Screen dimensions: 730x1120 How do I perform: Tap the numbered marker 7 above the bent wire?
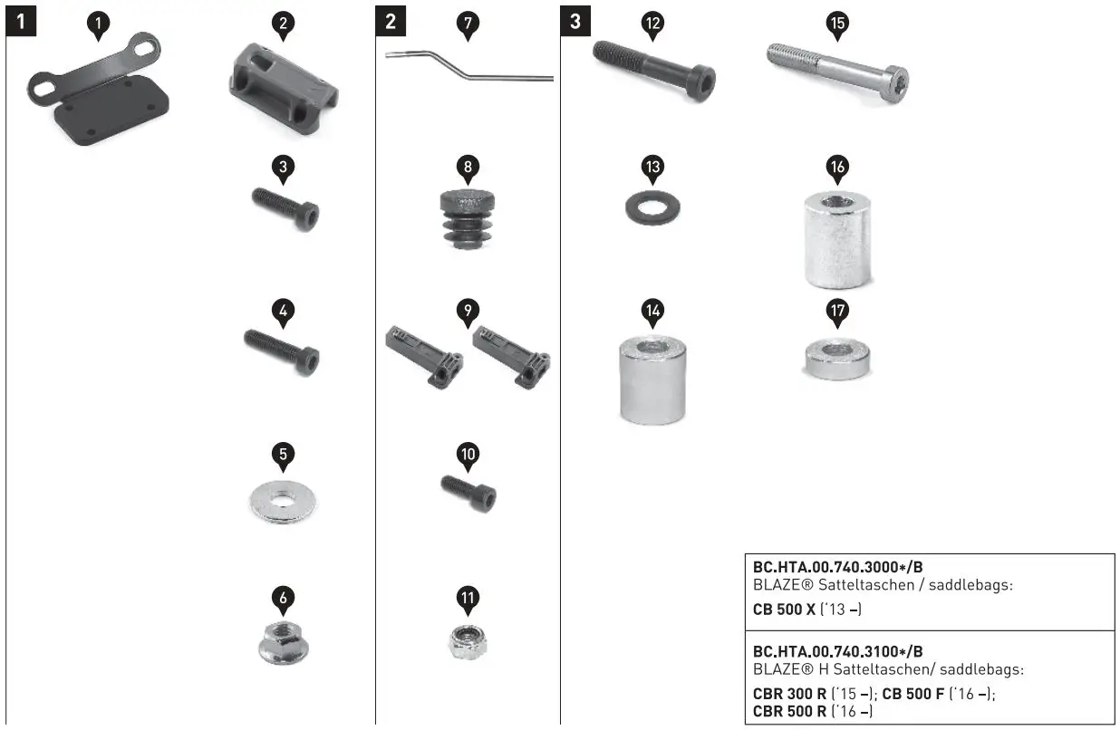tap(468, 25)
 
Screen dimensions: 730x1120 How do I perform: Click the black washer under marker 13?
tap(653, 207)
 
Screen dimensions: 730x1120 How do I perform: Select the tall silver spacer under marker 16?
tap(837, 240)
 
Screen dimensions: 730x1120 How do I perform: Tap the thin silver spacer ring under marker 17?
tap(837, 360)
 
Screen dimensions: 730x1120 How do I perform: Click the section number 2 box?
tap(391, 21)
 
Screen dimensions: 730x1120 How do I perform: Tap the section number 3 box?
tap(575, 21)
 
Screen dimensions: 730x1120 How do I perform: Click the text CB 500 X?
tap(785, 610)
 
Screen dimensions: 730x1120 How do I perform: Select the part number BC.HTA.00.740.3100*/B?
tap(838, 651)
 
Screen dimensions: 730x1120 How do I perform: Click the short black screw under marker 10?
tap(468, 492)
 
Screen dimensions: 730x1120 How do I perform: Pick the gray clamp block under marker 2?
tap(283, 87)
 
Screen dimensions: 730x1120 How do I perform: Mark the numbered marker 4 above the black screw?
tap(284, 312)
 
